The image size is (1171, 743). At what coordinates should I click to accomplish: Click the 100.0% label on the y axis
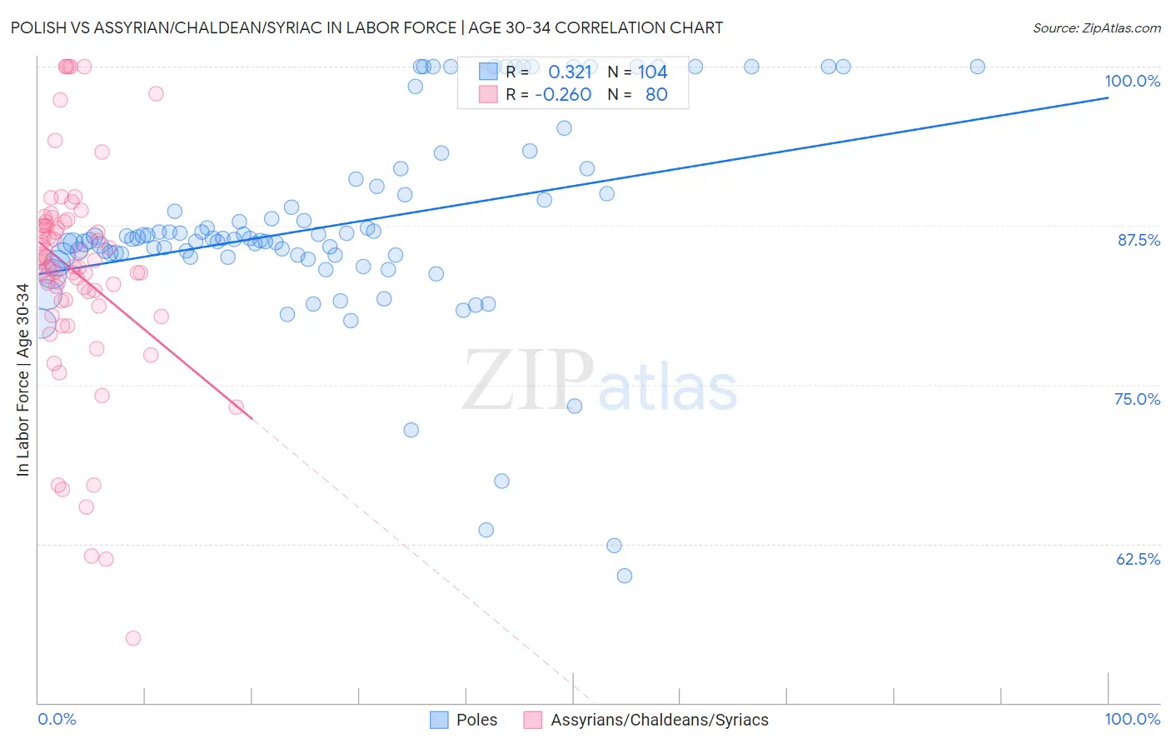point(1132,81)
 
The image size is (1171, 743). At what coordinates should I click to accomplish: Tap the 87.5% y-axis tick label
point(1139,240)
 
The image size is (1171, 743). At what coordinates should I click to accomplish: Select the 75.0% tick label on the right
point(1137,399)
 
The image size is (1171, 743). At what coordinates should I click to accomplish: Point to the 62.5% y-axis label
point(1138,559)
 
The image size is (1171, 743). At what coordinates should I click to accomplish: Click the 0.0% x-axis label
point(57,719)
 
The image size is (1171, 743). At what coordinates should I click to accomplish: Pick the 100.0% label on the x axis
point(1132,719)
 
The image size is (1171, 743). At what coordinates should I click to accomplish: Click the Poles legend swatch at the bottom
point(439,720)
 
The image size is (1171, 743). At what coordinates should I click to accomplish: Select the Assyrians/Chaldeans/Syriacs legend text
point(660,720)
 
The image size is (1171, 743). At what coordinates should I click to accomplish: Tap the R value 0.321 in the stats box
point(570,72)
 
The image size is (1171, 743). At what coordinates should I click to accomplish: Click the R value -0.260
point(563,95)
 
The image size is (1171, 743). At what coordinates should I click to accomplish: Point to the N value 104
point(652,72)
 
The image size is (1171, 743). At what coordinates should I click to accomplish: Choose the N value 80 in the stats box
point(656,95)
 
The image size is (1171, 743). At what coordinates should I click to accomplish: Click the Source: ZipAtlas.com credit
point(1096,27)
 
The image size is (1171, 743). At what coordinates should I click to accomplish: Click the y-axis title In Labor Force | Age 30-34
point(23,380)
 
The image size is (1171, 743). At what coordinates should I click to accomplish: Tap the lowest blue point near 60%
point(625,576)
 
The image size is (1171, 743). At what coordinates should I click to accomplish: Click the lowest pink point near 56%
point(133,638)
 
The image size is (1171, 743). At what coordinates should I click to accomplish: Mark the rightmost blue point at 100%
point(978,67)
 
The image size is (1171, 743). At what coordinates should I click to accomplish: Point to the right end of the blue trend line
point(1108,97)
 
